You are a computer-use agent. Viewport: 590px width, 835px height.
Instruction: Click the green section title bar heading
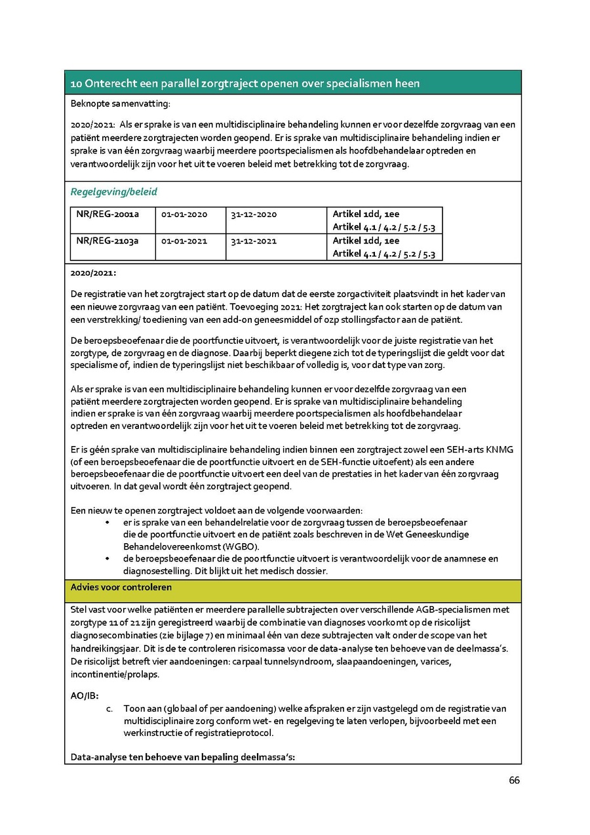point(245,83)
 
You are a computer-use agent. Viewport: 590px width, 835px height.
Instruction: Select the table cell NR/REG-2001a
point(107,214)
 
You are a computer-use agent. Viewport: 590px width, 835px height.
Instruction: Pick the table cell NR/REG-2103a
point(107,241)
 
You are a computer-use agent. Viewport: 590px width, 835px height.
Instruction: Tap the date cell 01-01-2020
point(184,214)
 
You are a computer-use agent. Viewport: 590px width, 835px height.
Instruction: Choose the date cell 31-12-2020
point(253,214)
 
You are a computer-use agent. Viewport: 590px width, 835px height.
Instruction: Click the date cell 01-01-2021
point(184,241)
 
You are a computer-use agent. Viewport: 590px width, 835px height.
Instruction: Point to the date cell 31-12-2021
point(253,241)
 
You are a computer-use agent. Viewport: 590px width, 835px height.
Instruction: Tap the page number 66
point(514,780)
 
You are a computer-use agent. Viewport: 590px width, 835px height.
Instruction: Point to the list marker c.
point(109,709)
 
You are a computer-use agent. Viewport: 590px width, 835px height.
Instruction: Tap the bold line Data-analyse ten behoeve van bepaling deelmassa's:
point(183,758)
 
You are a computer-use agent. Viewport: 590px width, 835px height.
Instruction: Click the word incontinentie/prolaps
point(115,674)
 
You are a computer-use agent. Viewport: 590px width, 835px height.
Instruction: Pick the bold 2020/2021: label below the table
point(93,272)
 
